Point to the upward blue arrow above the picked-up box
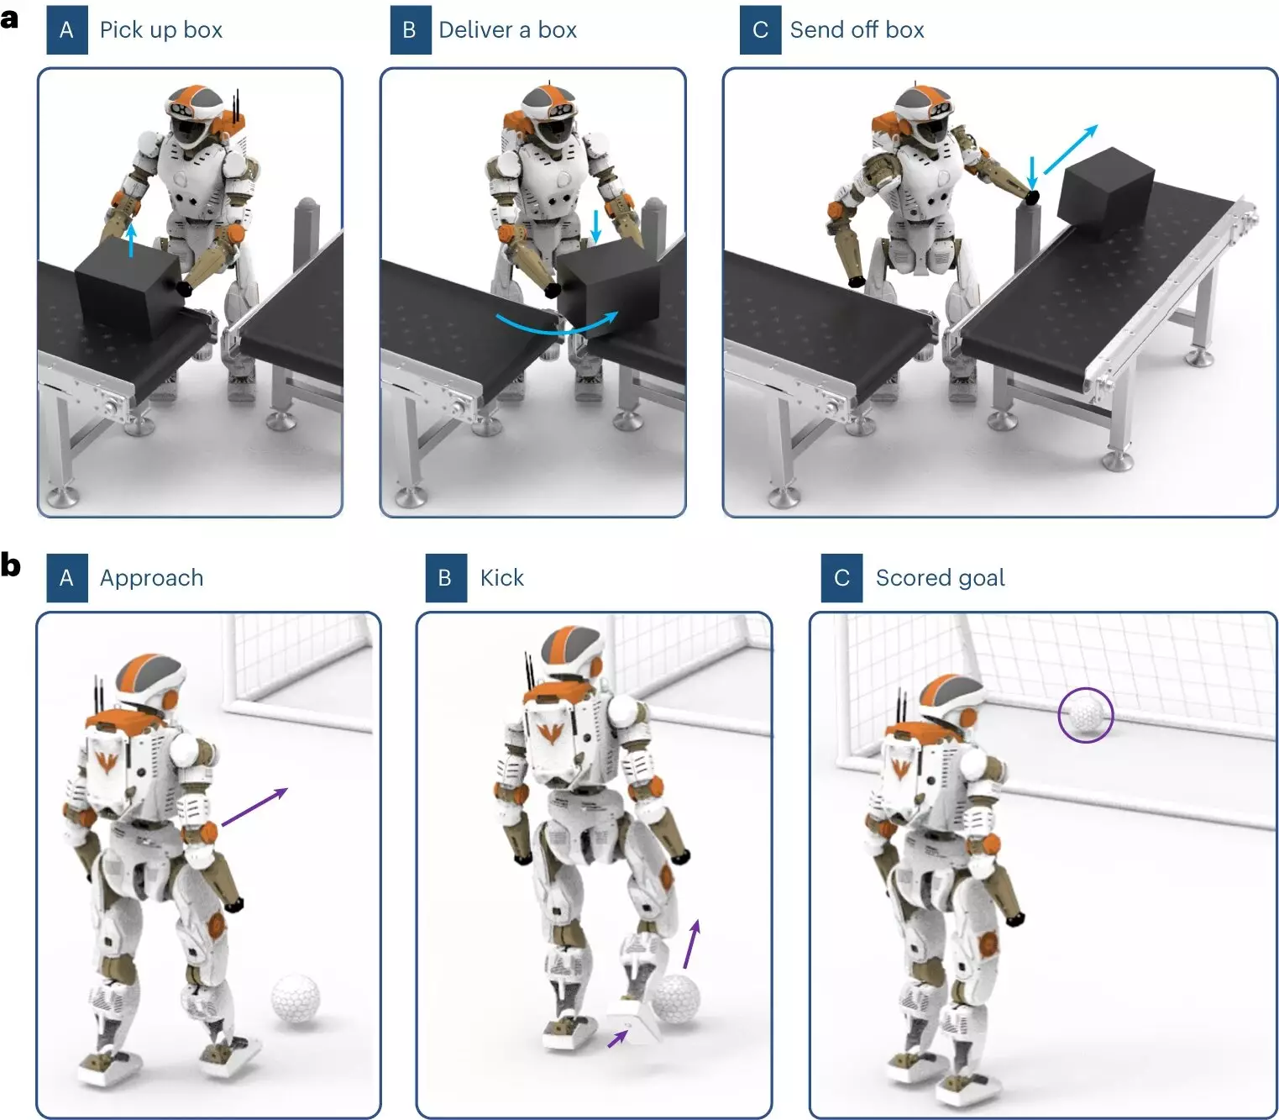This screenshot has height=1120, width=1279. click(131, 239)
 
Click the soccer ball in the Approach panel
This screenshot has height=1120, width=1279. click(296, 998)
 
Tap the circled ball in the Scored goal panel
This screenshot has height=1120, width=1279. click(1085, 716)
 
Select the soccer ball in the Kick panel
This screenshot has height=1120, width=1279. click(676, 998)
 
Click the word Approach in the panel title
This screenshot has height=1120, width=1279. click(151, 578)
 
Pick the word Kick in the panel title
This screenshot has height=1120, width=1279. click(501, 578)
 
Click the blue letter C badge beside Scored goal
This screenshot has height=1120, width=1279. click(841, 578)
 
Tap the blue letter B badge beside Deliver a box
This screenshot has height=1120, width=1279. click(410, 30)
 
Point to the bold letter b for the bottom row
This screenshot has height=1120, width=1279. click(10, 564)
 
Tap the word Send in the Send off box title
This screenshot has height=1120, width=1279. click(816, 30)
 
